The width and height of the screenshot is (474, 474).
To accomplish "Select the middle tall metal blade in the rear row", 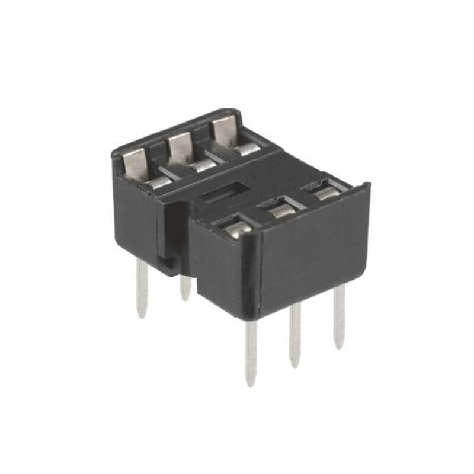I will (179, 148).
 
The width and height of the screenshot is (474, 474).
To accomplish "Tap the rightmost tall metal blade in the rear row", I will (222, 129).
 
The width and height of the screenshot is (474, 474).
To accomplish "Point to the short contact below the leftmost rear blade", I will (159, 183).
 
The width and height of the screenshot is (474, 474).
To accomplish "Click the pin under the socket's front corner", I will (251, 350).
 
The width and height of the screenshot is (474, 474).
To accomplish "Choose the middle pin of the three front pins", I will (294, 335).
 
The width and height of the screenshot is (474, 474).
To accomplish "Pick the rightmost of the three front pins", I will (339, 317).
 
